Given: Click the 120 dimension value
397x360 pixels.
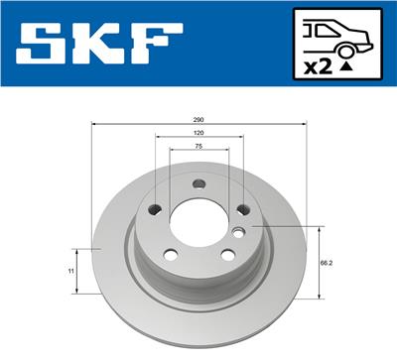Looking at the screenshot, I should [x=198, y=133].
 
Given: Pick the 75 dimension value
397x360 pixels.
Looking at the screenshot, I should [x=198, y=146].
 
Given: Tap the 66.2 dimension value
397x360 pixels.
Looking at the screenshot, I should [x=326, y=264].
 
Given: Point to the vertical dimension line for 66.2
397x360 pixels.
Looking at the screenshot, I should [x=318, y=263].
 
